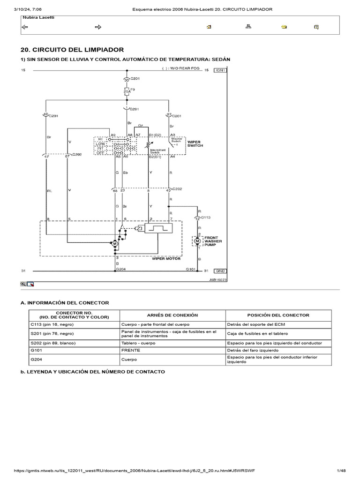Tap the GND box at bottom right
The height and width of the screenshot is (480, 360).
click(221, 271)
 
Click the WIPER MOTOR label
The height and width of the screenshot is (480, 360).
click(166, 258)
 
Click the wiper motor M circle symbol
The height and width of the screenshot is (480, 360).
click(115, 243)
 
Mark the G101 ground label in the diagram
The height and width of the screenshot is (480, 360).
click(190, 269)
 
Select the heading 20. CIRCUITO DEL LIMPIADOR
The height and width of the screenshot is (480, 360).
click(72, 50)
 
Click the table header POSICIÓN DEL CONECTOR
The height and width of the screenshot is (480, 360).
click(278, 315)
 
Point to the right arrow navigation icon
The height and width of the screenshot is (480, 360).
click(98, 27)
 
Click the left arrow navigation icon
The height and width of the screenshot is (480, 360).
click(25, 27)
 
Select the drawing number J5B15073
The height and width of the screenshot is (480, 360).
click(217, 279)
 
